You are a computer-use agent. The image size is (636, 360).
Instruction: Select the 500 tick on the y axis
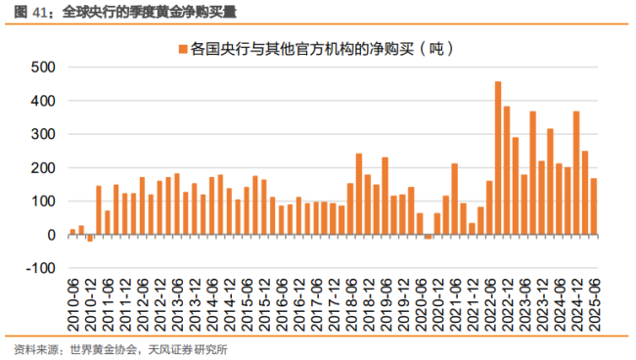coord(45,67)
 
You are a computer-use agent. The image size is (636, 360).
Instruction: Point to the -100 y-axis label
coord(42,269)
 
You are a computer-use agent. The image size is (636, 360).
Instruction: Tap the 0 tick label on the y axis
coord(52,236)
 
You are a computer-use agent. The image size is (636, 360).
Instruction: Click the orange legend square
coord(182,46)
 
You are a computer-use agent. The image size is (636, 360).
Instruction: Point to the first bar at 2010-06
coord(73,232)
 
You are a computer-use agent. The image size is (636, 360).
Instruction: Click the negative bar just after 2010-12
coord(90,238)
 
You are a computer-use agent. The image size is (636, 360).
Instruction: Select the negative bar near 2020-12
coord(428,237)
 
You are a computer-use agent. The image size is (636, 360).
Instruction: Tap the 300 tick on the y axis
coord(45,135)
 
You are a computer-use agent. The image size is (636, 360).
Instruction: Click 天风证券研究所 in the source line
coord(192,349)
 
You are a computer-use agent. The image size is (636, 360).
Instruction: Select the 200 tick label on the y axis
coord(45,168)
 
